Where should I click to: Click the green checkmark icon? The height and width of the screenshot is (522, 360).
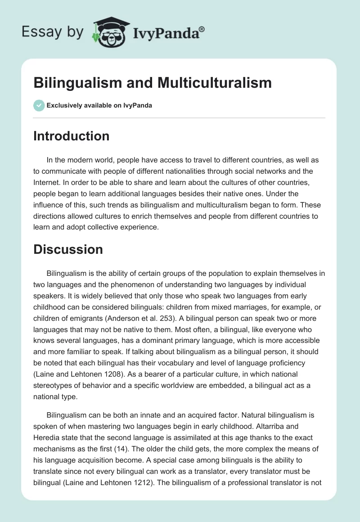(38, 105)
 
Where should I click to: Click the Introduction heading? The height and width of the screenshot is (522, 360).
(71, 136)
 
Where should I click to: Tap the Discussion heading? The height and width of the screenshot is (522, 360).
(68, 249)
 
